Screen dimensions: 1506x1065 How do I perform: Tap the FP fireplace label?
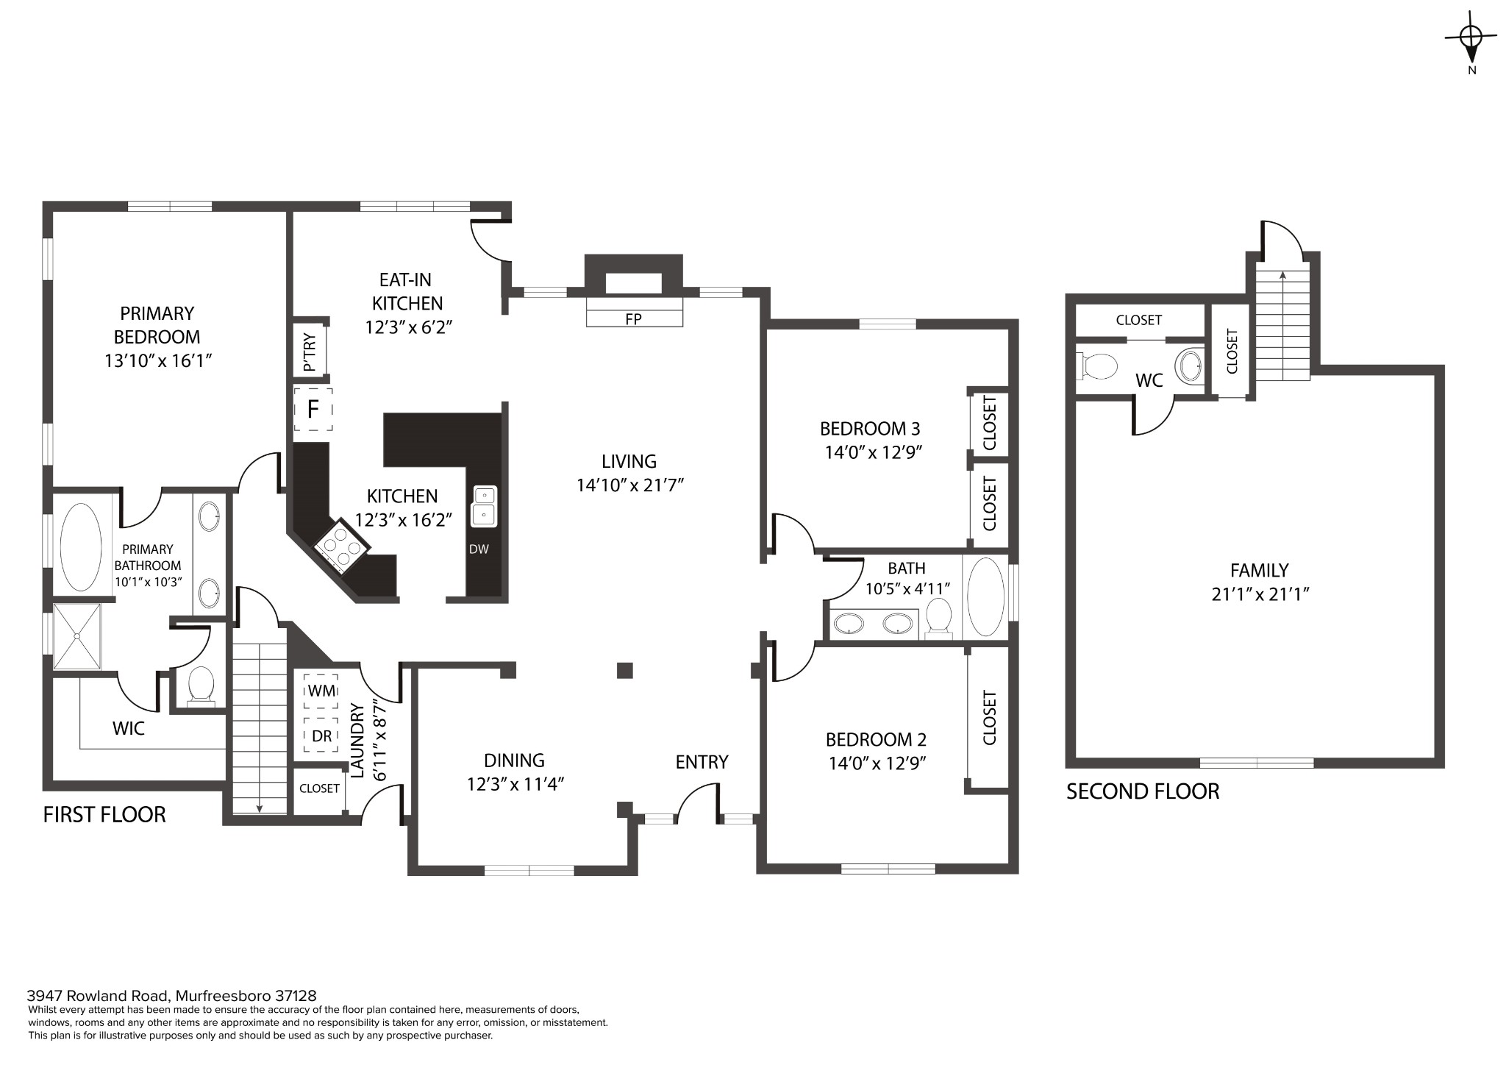coord(633,319)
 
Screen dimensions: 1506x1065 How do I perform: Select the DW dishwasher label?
coord(479,549)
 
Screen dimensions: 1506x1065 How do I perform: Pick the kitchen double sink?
coord(484,506)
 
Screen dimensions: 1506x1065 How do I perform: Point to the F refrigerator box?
coord(313,409)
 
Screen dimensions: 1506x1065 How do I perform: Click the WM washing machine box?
coord(321,691)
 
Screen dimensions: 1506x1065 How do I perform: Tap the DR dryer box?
coord(321,735)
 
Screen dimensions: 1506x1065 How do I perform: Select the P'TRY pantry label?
coord(310,352)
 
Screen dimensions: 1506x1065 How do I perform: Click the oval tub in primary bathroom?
coord(81,546)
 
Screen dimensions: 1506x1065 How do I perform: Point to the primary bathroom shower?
coord(76,637)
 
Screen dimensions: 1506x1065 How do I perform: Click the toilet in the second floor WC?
coord(1097,366)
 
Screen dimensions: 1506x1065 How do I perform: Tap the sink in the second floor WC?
coord(1190,364)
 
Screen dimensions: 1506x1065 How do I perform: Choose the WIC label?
coord(129,728)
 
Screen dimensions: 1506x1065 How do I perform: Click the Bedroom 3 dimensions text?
coord(874,452)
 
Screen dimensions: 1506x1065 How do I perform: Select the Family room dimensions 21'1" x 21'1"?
coord(1260,594)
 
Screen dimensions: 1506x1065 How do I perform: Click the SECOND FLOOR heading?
coord(1143,791)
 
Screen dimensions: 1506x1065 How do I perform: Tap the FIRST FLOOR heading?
coord(104,814)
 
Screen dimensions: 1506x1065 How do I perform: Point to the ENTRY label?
coord(702,762)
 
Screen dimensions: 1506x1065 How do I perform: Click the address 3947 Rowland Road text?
coord(99,996)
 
